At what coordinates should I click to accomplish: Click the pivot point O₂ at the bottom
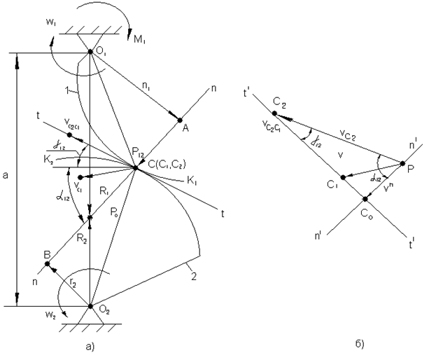90,306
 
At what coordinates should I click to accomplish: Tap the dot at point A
180,120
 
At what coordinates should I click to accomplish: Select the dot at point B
47,263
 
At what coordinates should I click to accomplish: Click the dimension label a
7,177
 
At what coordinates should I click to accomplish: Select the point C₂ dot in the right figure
275,113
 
